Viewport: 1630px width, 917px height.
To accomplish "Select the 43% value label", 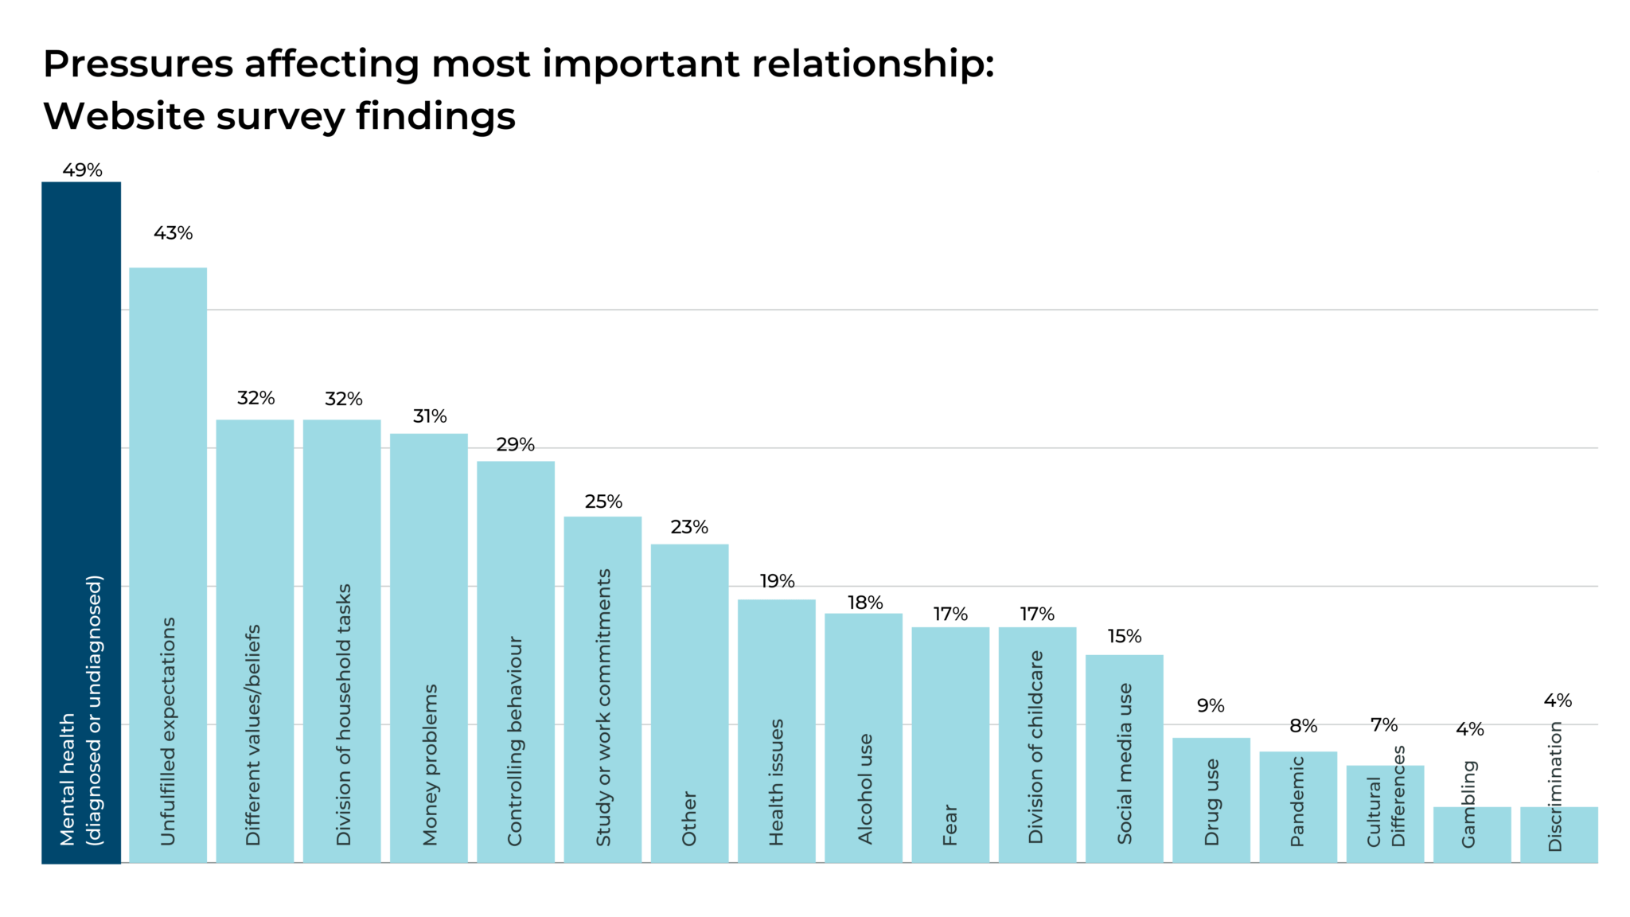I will pos(173,233).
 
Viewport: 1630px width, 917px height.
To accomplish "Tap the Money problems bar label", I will pos(430,764).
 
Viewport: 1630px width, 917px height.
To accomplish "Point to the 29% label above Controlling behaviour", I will pos(515,445).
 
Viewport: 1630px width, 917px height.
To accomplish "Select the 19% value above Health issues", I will pos(777,581).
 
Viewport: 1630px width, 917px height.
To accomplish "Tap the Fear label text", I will pos(950,824).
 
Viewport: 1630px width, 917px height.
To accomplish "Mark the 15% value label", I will pos(1124,636).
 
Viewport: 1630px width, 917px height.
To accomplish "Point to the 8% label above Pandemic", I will pos(1303,726).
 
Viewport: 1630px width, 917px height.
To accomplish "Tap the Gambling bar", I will pos(1472,834).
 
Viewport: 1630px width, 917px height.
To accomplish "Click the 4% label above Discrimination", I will pos(1557,700).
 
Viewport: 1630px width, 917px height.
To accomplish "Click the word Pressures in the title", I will pos(138,64).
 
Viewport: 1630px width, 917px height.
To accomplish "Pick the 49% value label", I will pos(82,170).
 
